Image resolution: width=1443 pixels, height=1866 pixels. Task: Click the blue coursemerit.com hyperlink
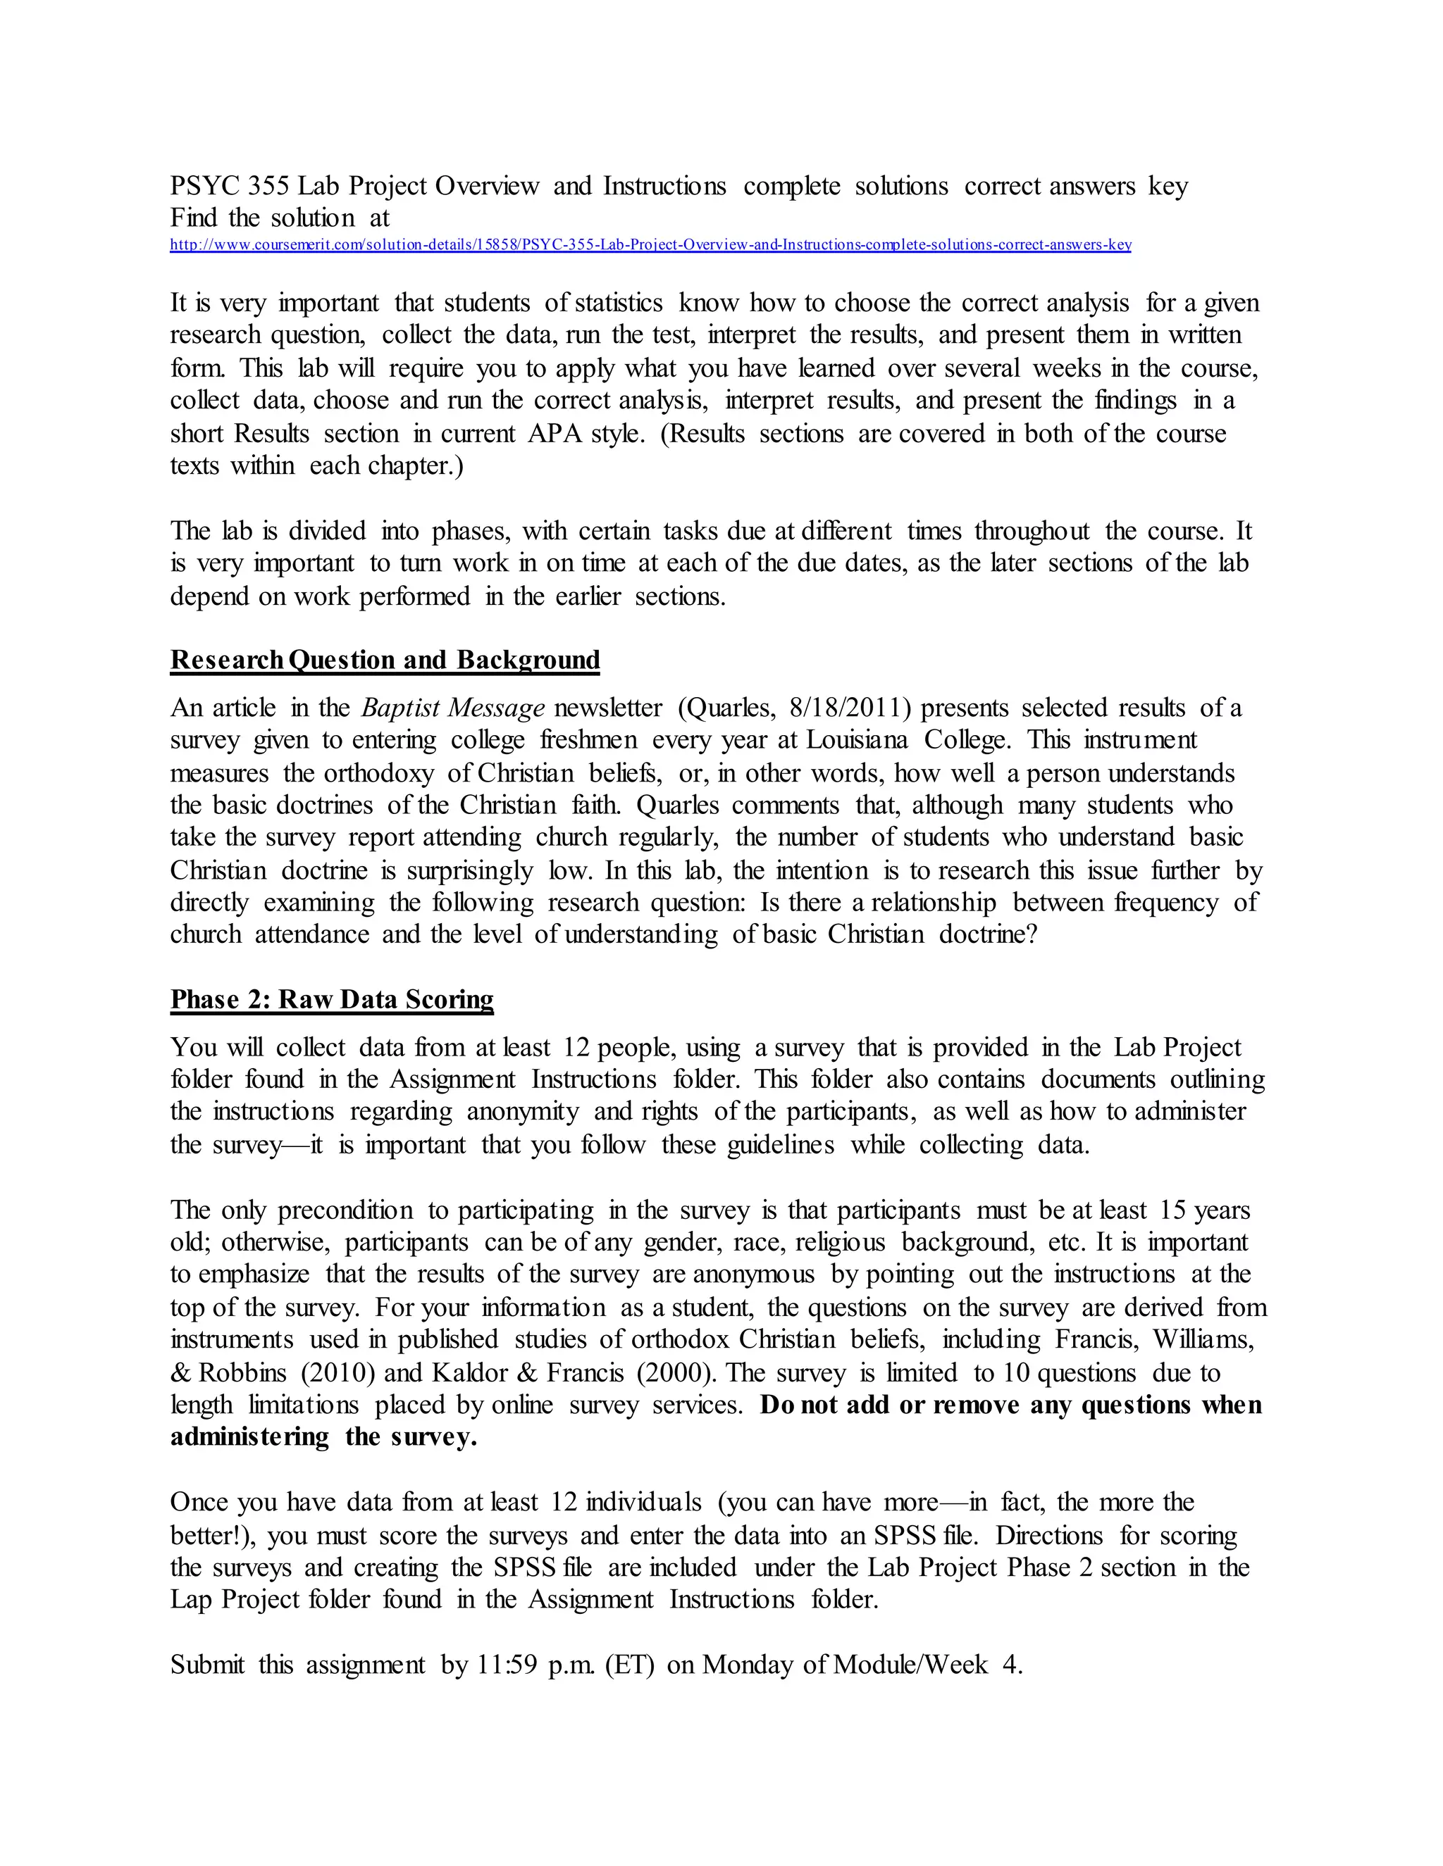click(650, 245)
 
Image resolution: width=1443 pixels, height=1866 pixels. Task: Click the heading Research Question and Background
click(385, 660)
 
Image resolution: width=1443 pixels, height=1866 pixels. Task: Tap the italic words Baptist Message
click(453, 708)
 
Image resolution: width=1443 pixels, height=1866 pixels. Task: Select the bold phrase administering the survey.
click(323, 1437)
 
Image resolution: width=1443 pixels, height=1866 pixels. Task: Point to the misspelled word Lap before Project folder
click(191, 1598)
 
